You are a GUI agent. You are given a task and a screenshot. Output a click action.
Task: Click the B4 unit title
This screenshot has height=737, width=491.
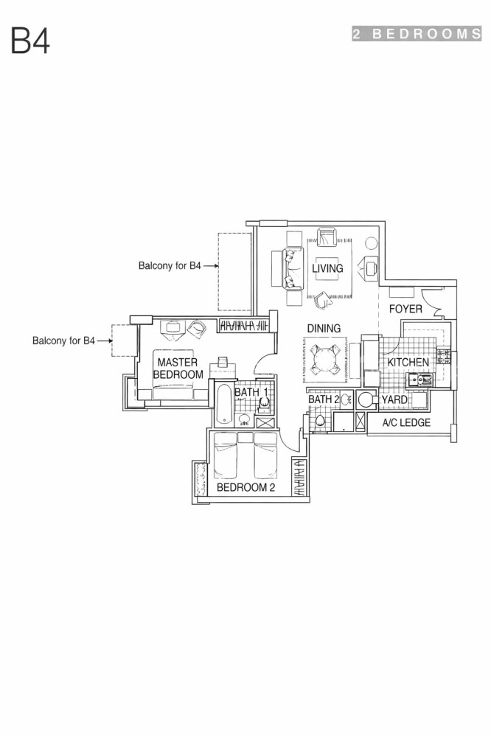[30, 41]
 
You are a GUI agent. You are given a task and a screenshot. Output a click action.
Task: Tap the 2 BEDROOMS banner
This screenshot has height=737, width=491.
[417, 34]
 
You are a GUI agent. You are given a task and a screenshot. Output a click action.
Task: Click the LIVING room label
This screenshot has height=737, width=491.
[327, 268]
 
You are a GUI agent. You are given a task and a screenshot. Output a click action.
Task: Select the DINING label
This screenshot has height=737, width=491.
[324, 328]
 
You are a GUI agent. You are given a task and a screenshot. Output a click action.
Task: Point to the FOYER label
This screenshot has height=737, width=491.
[405, 309]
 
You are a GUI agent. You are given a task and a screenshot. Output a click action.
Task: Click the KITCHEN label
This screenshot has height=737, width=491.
[408, 362]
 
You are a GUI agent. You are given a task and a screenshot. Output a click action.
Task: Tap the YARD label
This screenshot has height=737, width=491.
[394, 399]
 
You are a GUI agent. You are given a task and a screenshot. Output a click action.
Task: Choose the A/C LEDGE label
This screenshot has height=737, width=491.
[406, 422]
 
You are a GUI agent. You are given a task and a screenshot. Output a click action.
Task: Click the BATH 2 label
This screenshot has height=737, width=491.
[324, 399]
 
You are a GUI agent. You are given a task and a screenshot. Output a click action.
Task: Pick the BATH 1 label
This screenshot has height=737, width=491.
[251, 392]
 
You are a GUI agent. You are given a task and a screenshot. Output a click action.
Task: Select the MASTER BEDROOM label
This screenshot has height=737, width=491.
[178, 368]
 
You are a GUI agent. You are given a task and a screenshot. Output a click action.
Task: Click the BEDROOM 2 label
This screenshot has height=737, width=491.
[245, 487]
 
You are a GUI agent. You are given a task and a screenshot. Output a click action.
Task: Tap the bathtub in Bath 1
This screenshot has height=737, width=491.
[224, 405]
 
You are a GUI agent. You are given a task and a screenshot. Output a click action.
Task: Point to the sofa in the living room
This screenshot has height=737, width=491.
[292, 268]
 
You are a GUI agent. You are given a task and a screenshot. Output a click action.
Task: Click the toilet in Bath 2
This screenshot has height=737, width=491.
[321, 422]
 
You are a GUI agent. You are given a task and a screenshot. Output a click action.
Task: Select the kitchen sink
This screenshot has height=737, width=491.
[419, 380]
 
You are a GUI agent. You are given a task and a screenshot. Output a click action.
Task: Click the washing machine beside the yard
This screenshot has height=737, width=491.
[366, 400]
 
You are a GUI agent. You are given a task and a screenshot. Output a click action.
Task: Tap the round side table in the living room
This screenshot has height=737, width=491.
[372, 243]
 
